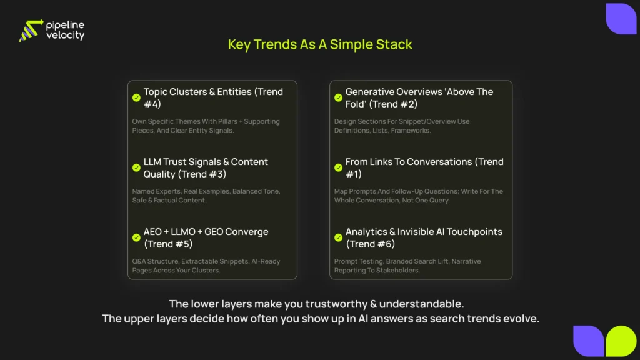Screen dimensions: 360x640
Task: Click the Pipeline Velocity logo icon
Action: point(31,31)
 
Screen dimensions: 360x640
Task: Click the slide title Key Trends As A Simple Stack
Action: point(320,44)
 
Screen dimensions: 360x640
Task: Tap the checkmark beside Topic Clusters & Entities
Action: point(136,97)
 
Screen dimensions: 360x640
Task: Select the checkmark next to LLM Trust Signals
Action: point(136,167)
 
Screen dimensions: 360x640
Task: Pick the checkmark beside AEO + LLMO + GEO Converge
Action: point(136,237)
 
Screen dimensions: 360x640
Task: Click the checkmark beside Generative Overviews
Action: point(338,97)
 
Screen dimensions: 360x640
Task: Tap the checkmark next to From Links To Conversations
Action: point(338,167)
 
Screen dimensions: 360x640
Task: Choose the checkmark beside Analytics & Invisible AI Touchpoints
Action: point(338,237)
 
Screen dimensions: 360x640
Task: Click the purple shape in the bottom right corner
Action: point(588,341)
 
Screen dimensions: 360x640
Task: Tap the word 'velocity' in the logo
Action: point(65,36)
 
